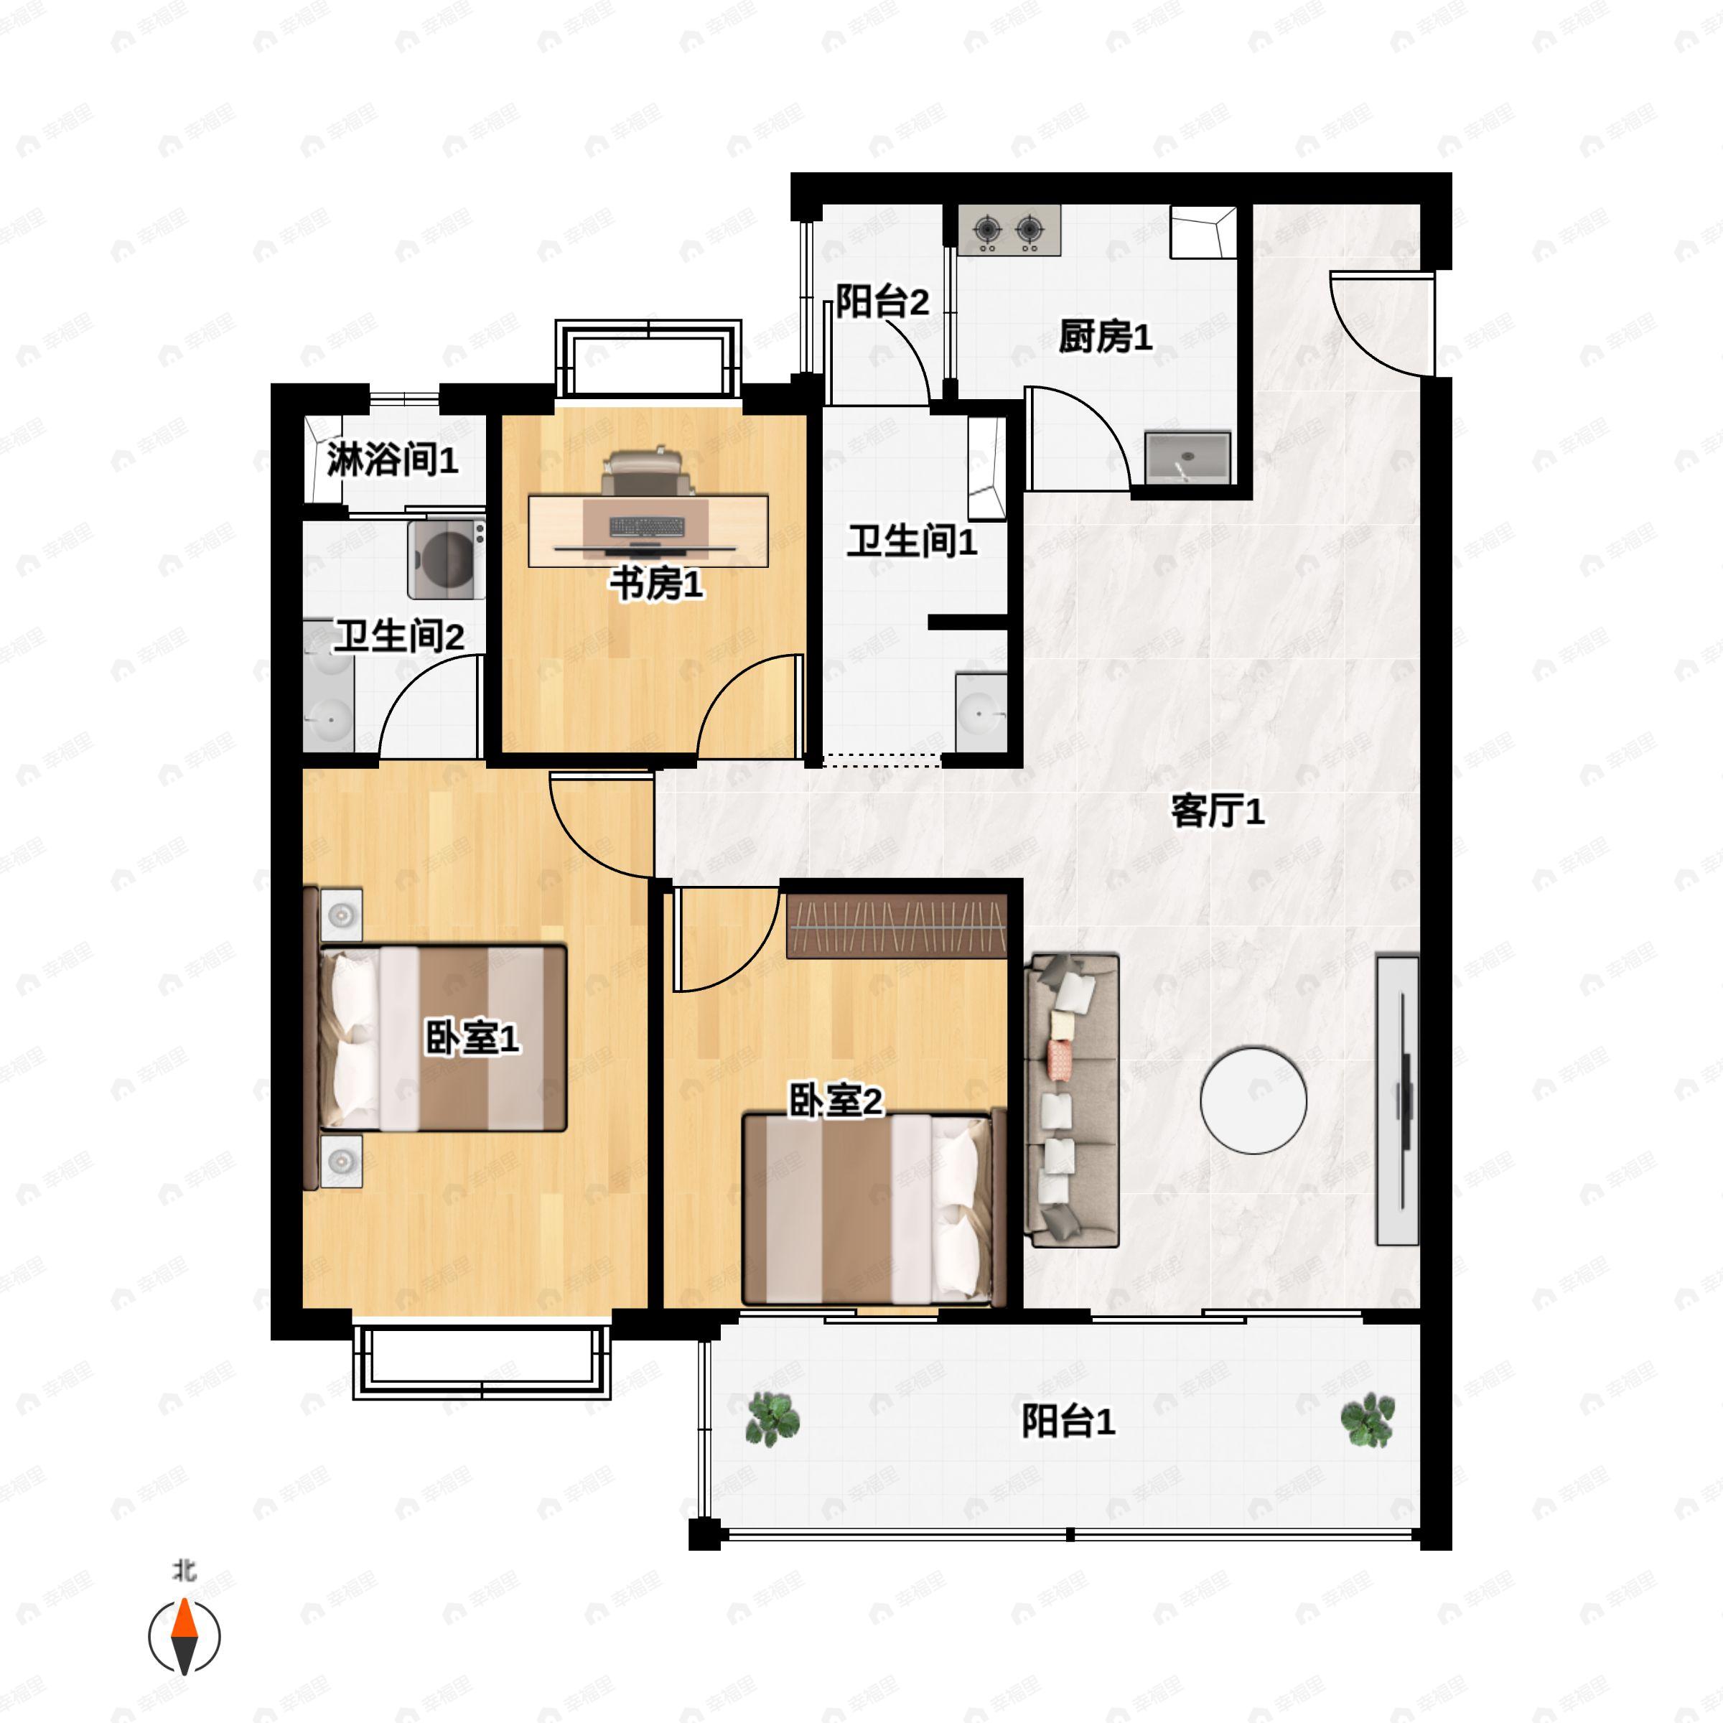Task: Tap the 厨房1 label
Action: [x=1105, y=337]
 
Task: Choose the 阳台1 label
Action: [x=1068, y=1421]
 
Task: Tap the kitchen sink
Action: [x=1187, y=457]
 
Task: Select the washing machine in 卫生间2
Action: [x=446, y=559]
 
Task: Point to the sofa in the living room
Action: [x=1073, y=1100]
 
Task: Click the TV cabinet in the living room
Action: [x=1396, y=1100]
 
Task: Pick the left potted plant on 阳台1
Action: [x=772, y=1418]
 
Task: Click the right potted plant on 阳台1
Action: [x=1367, y=1418]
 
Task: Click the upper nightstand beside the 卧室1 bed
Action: [x=342, y=914]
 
